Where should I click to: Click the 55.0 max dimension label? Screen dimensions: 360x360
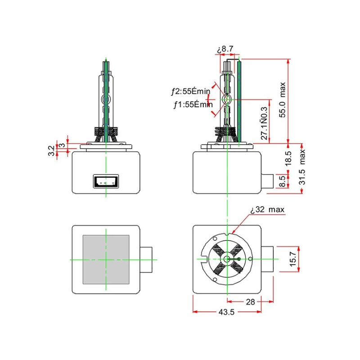tap(283, 100)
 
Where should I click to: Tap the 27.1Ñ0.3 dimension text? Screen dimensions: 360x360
tap(264, 123)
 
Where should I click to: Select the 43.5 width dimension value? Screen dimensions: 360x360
tap(226, 312)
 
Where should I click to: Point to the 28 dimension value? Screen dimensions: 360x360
tap(250, 302)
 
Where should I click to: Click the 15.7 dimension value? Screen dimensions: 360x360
tap(293, 259)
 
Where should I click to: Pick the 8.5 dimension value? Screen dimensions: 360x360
tap(283, 181)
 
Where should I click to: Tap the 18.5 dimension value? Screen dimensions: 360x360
tap(288, 158)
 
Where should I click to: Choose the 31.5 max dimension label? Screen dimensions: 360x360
tap(302, 167)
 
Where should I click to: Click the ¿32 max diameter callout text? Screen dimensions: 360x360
tap(267, 210)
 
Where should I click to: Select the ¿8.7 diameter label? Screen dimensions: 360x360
tap(225, 49)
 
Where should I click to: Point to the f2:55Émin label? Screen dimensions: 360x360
tap(190, 91)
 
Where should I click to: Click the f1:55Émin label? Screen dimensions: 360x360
tap(193, 105)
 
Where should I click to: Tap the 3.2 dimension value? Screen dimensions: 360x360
tap(51, 151)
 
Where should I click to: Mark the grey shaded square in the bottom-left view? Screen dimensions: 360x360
tap(106, 260)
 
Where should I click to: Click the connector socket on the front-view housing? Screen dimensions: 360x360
tap(106, 181)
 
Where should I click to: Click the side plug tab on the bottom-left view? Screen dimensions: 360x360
tap(146, 260)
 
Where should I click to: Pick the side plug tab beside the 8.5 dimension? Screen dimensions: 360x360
tap(267, 181)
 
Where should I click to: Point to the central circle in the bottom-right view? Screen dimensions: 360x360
tap(227, 259)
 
